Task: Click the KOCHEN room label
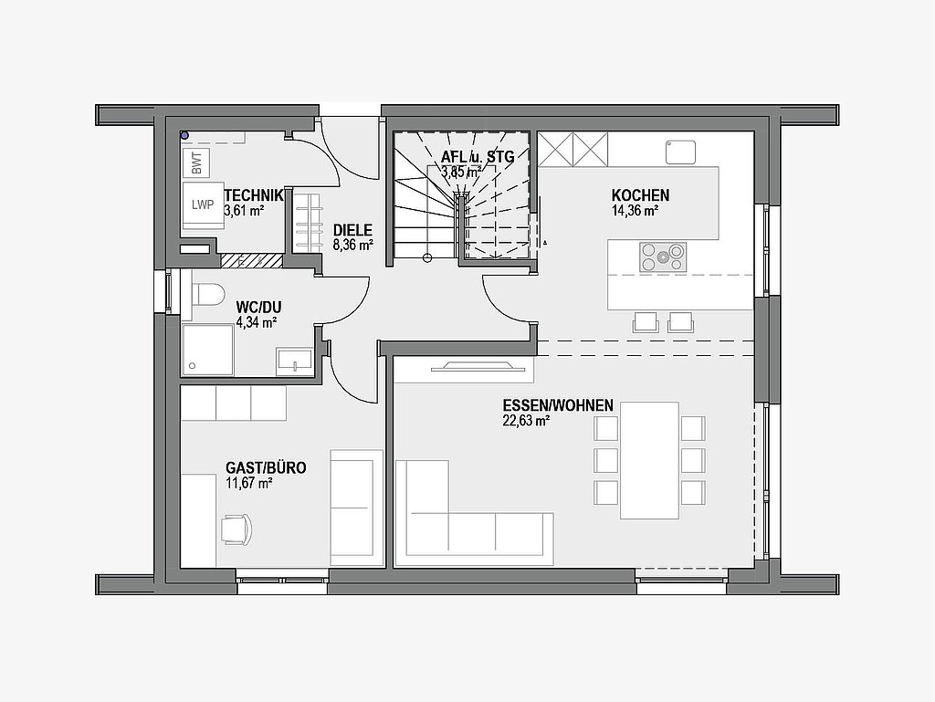(640, 195)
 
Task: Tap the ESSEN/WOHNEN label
(558, 406)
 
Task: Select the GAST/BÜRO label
(266, 467)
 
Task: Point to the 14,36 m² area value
(635, 210)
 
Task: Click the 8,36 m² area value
(353, 245)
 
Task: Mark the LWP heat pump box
(204, 205)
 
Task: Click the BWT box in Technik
(196, 162)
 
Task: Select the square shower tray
(207, 351)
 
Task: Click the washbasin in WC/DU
(295, 361)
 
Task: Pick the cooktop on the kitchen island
(663, 257)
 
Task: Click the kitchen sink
(680, 152)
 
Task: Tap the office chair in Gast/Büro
(236, 529)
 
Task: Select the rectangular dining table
(649, 461)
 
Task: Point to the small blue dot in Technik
(184, 136)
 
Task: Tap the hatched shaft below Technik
(251, 260)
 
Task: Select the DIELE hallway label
(352, 230)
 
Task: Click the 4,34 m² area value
(257, 323)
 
